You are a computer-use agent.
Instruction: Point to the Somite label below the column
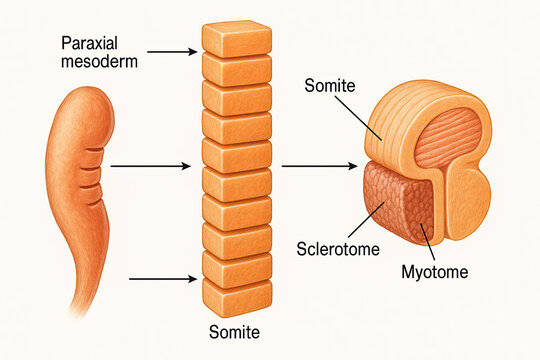pyautogui.click(x=236, y=331)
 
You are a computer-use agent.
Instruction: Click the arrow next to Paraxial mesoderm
pyautogui.click(x=177, y=51)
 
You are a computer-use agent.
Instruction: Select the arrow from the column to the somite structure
pyautogui.click(x=318, y=165)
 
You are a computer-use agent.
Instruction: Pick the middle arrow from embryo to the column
pyautogui.click(x=149, y=165)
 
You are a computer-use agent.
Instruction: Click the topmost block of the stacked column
pyautogui.click(x=237, y=38)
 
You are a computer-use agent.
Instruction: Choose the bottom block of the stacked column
pyautogui.click(x=237, y=297)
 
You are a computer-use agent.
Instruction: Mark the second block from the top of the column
pyautogui.click(x=237, y=69)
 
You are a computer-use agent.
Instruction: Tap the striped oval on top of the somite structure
pyautogui.click(x=448, y=137)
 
